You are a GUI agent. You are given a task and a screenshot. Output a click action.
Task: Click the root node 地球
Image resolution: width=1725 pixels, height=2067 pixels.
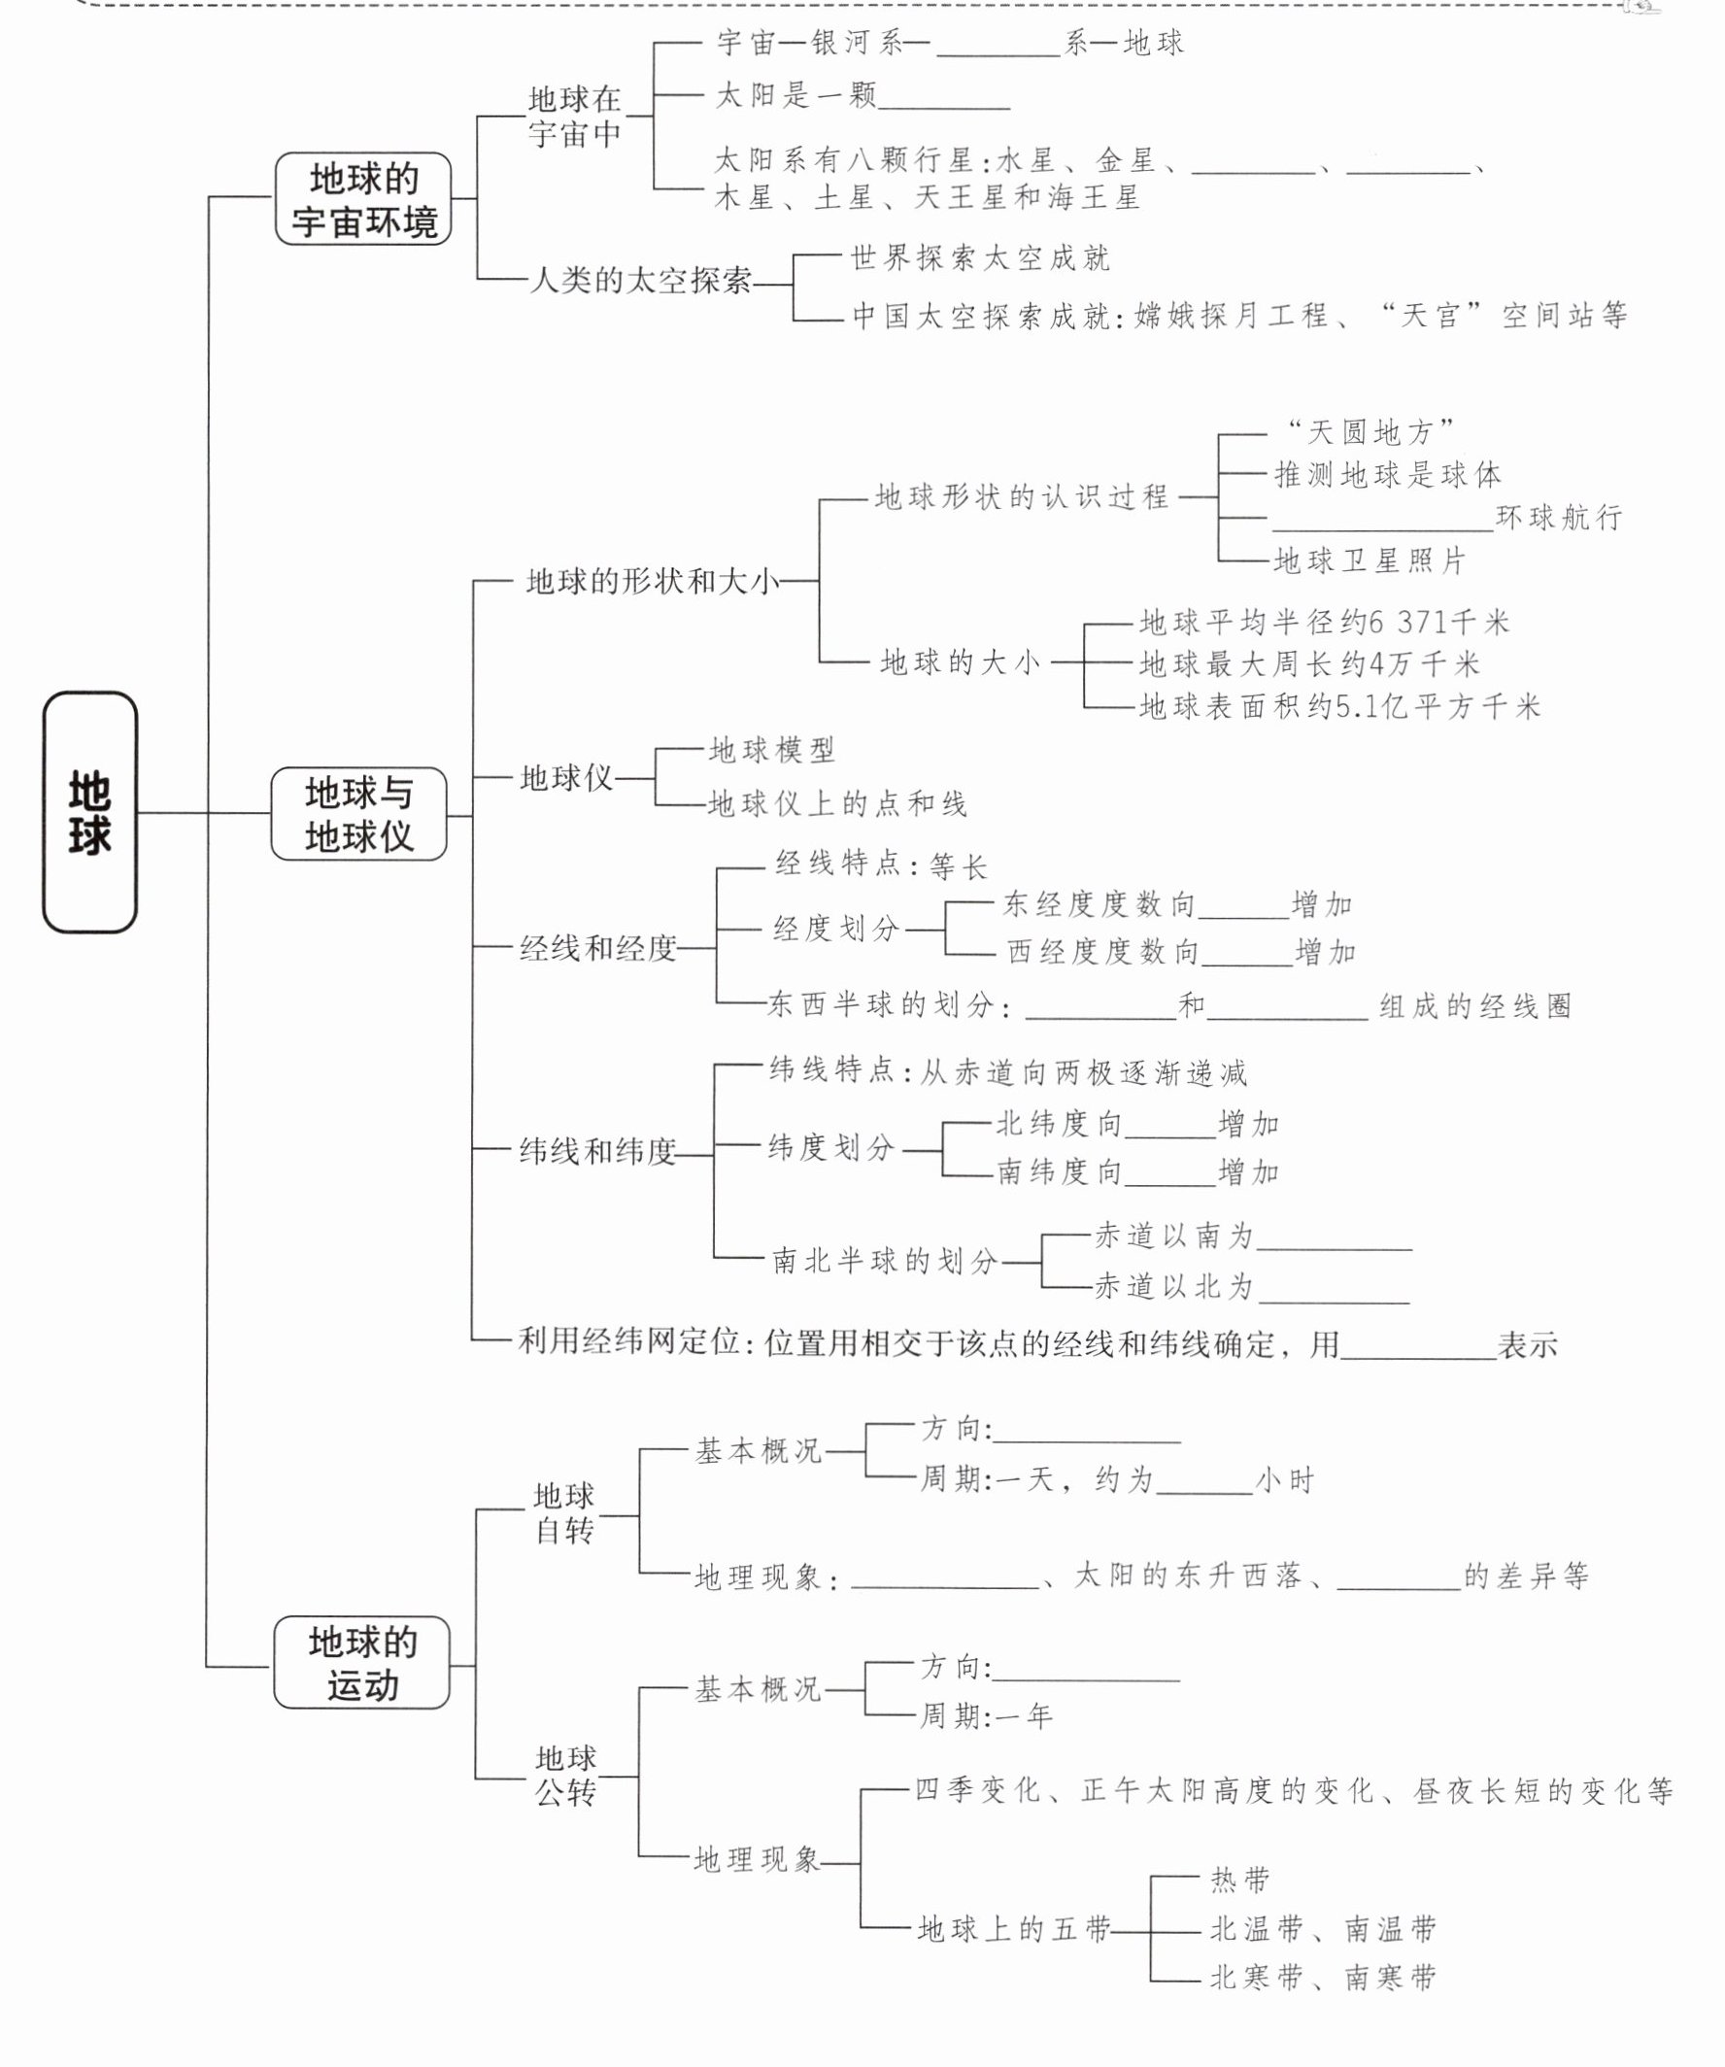pos(89,812)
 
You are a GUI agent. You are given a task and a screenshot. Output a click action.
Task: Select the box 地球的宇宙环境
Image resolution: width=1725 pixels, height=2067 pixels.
pos(363,199)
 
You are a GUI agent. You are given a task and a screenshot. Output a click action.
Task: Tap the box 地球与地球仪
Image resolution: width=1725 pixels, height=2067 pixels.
pos(359,814)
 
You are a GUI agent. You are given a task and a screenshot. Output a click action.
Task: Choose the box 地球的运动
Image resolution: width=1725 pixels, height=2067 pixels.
pos(362,1663)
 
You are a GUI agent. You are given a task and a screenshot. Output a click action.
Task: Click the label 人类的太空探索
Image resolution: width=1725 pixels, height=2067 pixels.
pos(640,282)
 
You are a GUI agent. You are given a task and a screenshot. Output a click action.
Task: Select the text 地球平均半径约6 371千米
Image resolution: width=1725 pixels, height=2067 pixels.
pos(1324,622)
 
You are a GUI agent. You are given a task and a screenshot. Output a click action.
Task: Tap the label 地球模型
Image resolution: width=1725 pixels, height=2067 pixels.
pos(771,750)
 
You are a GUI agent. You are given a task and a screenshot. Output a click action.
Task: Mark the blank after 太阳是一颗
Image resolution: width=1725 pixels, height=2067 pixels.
pos(944,98)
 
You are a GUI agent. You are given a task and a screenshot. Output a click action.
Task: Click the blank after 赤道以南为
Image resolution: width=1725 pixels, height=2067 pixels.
pos(1335,1241)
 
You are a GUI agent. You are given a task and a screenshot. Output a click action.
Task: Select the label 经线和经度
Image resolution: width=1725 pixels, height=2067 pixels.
pos(598,948)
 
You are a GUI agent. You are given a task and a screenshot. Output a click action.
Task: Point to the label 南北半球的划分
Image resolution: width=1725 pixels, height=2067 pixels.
pos(885,1261)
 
